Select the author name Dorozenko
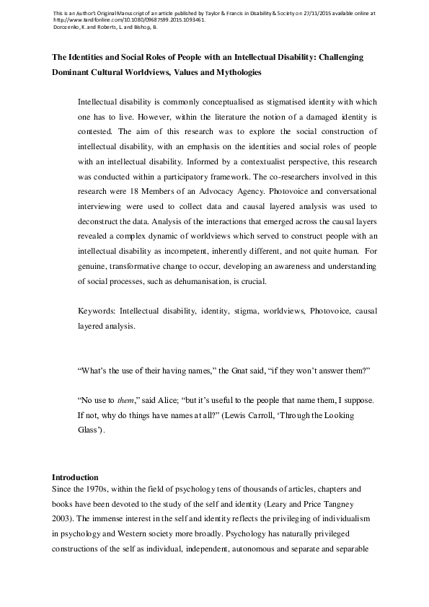tap(70, 27)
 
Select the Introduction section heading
tap(75, 478)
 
